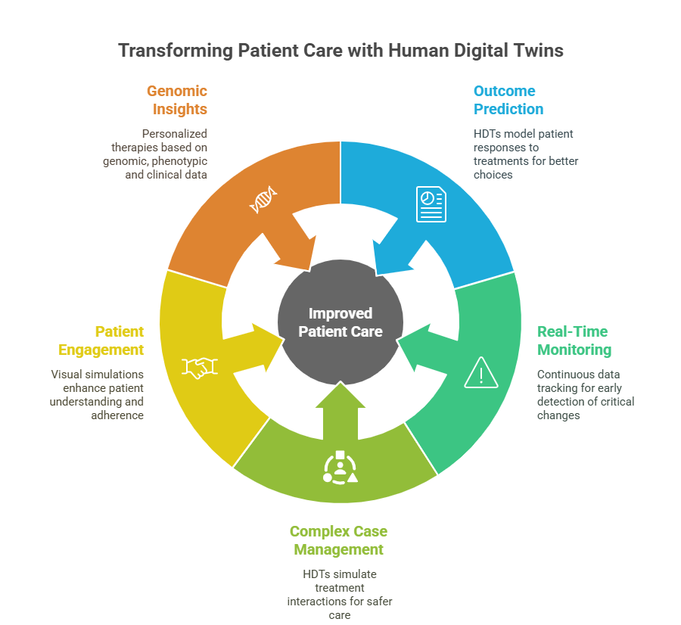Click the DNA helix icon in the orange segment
pos(263,201)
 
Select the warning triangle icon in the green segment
pos(480,372)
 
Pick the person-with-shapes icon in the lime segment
pos(340,467)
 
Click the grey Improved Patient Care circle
pos(340,322)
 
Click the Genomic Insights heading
pos(176,100)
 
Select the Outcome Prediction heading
pos(508,100)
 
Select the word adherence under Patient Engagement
pos(117,415)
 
